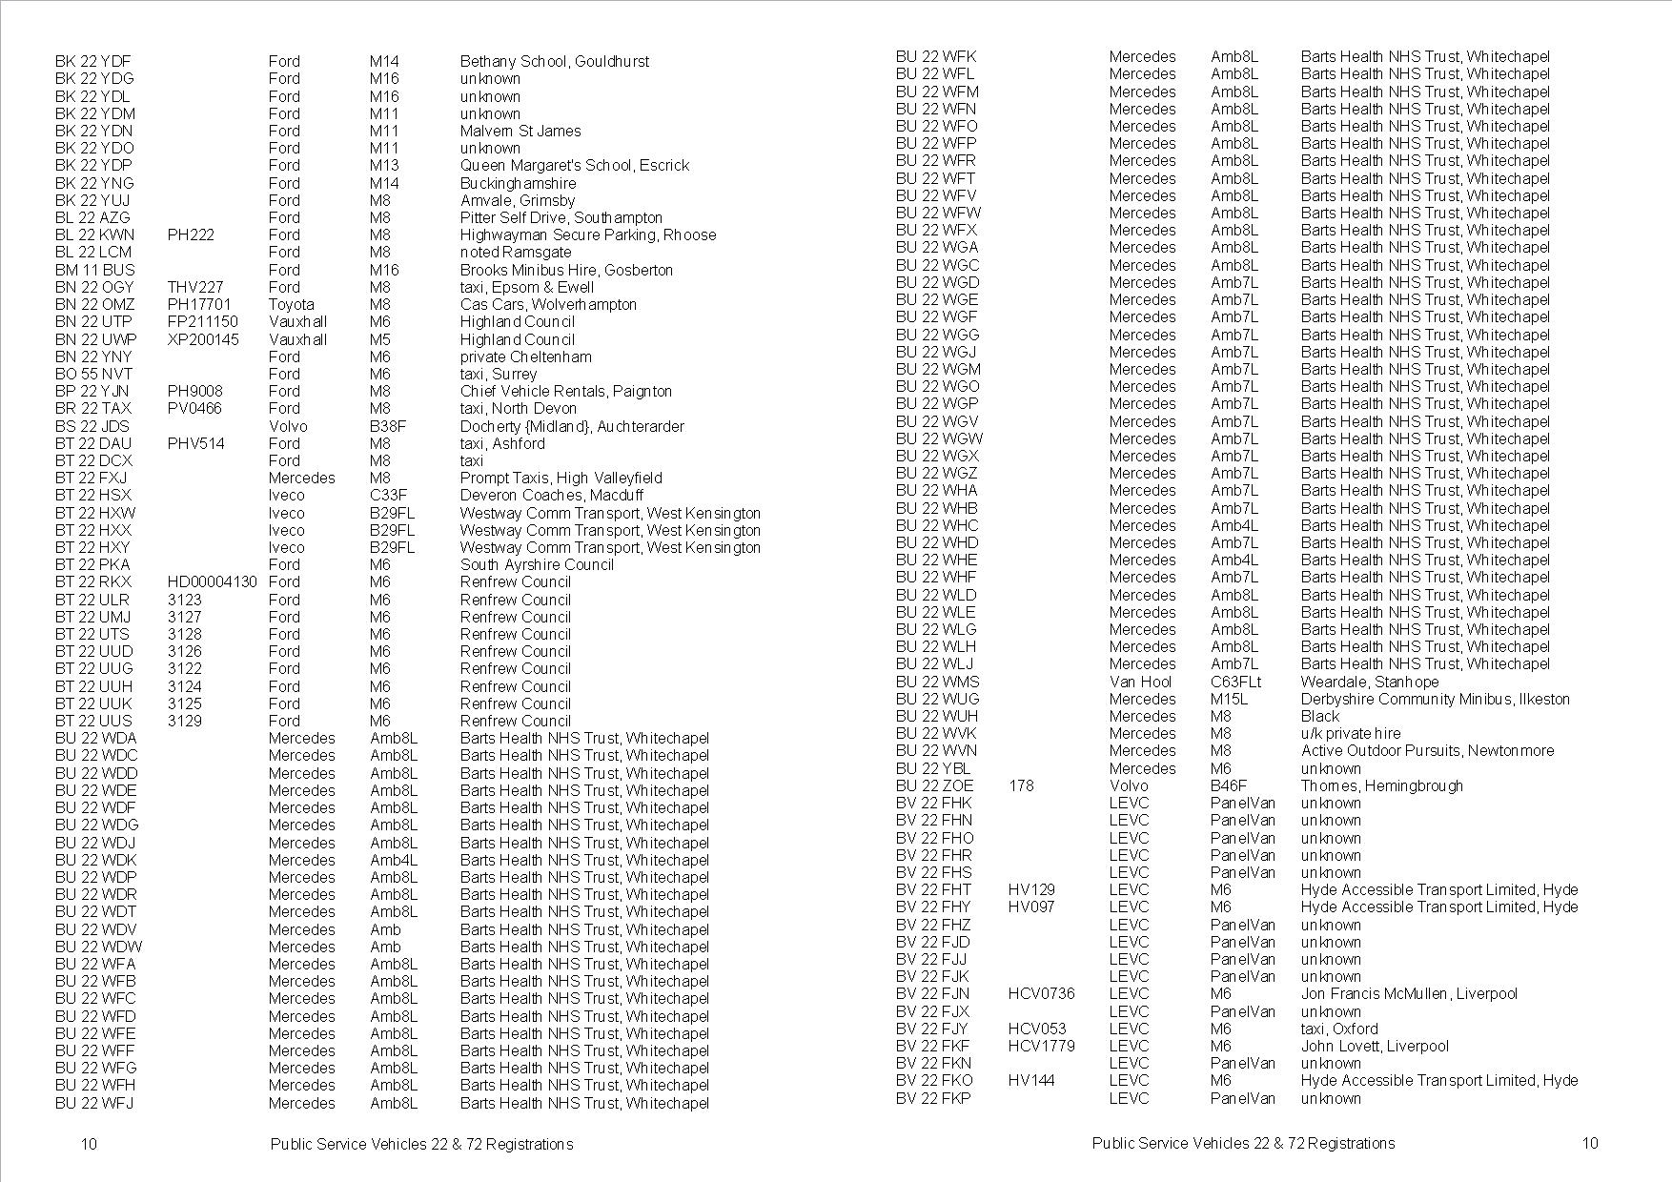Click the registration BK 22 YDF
click(x=93, y=62)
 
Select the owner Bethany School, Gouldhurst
click(x=554, y=62)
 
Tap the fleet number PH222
click(x=191, y=235)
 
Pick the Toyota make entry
click(x=291, y=305)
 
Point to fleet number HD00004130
click(x=212, y=582)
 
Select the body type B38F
click(x=388, y=426)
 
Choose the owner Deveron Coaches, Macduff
click(x=551, y=496)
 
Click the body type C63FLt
click(x=1235, y=683)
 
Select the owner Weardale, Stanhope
click(x=1369, y=683)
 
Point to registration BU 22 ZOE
click(x=935, y=786)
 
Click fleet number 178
click(x=1021, y=786)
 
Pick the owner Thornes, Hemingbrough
click(x=1381, y=786)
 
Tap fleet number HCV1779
click(x=1041, y=1047)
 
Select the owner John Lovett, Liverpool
click(x=1375, y=1047)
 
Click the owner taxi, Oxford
click(x=1339, y=1029)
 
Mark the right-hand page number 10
click(x=1589, y=1144)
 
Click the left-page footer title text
click(x=421, y=1144)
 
